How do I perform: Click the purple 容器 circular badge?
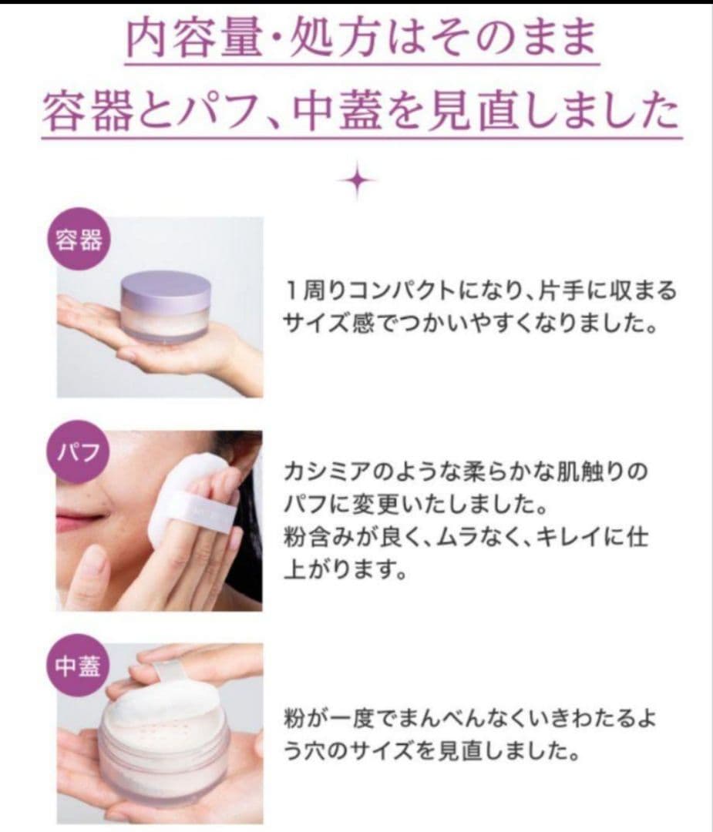79,240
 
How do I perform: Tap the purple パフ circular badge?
79,451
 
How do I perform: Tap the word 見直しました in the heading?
577,112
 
